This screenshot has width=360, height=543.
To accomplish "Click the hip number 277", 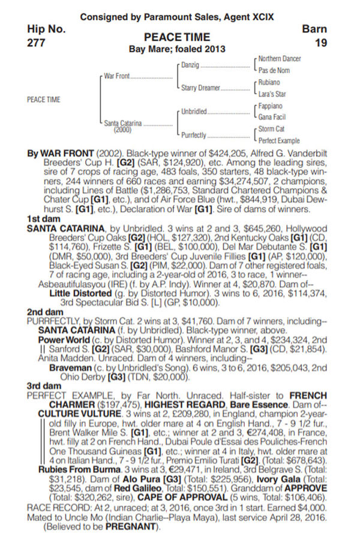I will click(x=38, y=43).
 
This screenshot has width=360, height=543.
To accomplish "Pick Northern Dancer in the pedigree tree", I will click(x=280, y=58).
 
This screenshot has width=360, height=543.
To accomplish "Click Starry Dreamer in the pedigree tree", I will click(x=200, y=88).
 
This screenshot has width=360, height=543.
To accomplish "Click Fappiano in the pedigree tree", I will click(x=271, y=106).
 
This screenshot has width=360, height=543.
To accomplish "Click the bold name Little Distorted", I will click(x=80, y=293).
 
